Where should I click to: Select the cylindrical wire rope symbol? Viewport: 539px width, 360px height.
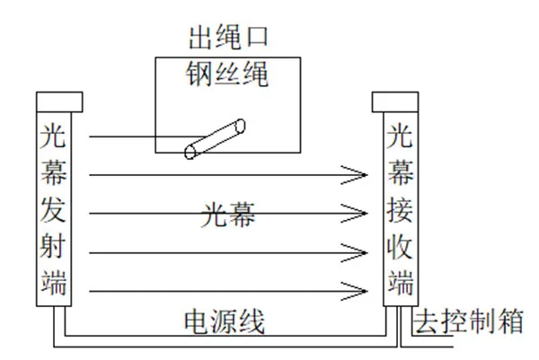click(x=216, y=137)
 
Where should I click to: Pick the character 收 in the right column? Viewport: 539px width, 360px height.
click(x=400, y=246)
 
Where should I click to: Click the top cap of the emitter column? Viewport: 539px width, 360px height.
click(x=58, y=101)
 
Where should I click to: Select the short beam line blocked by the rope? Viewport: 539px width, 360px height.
click(x=135, y=137)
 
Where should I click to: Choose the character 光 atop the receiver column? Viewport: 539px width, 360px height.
click(x=400, y=136)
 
